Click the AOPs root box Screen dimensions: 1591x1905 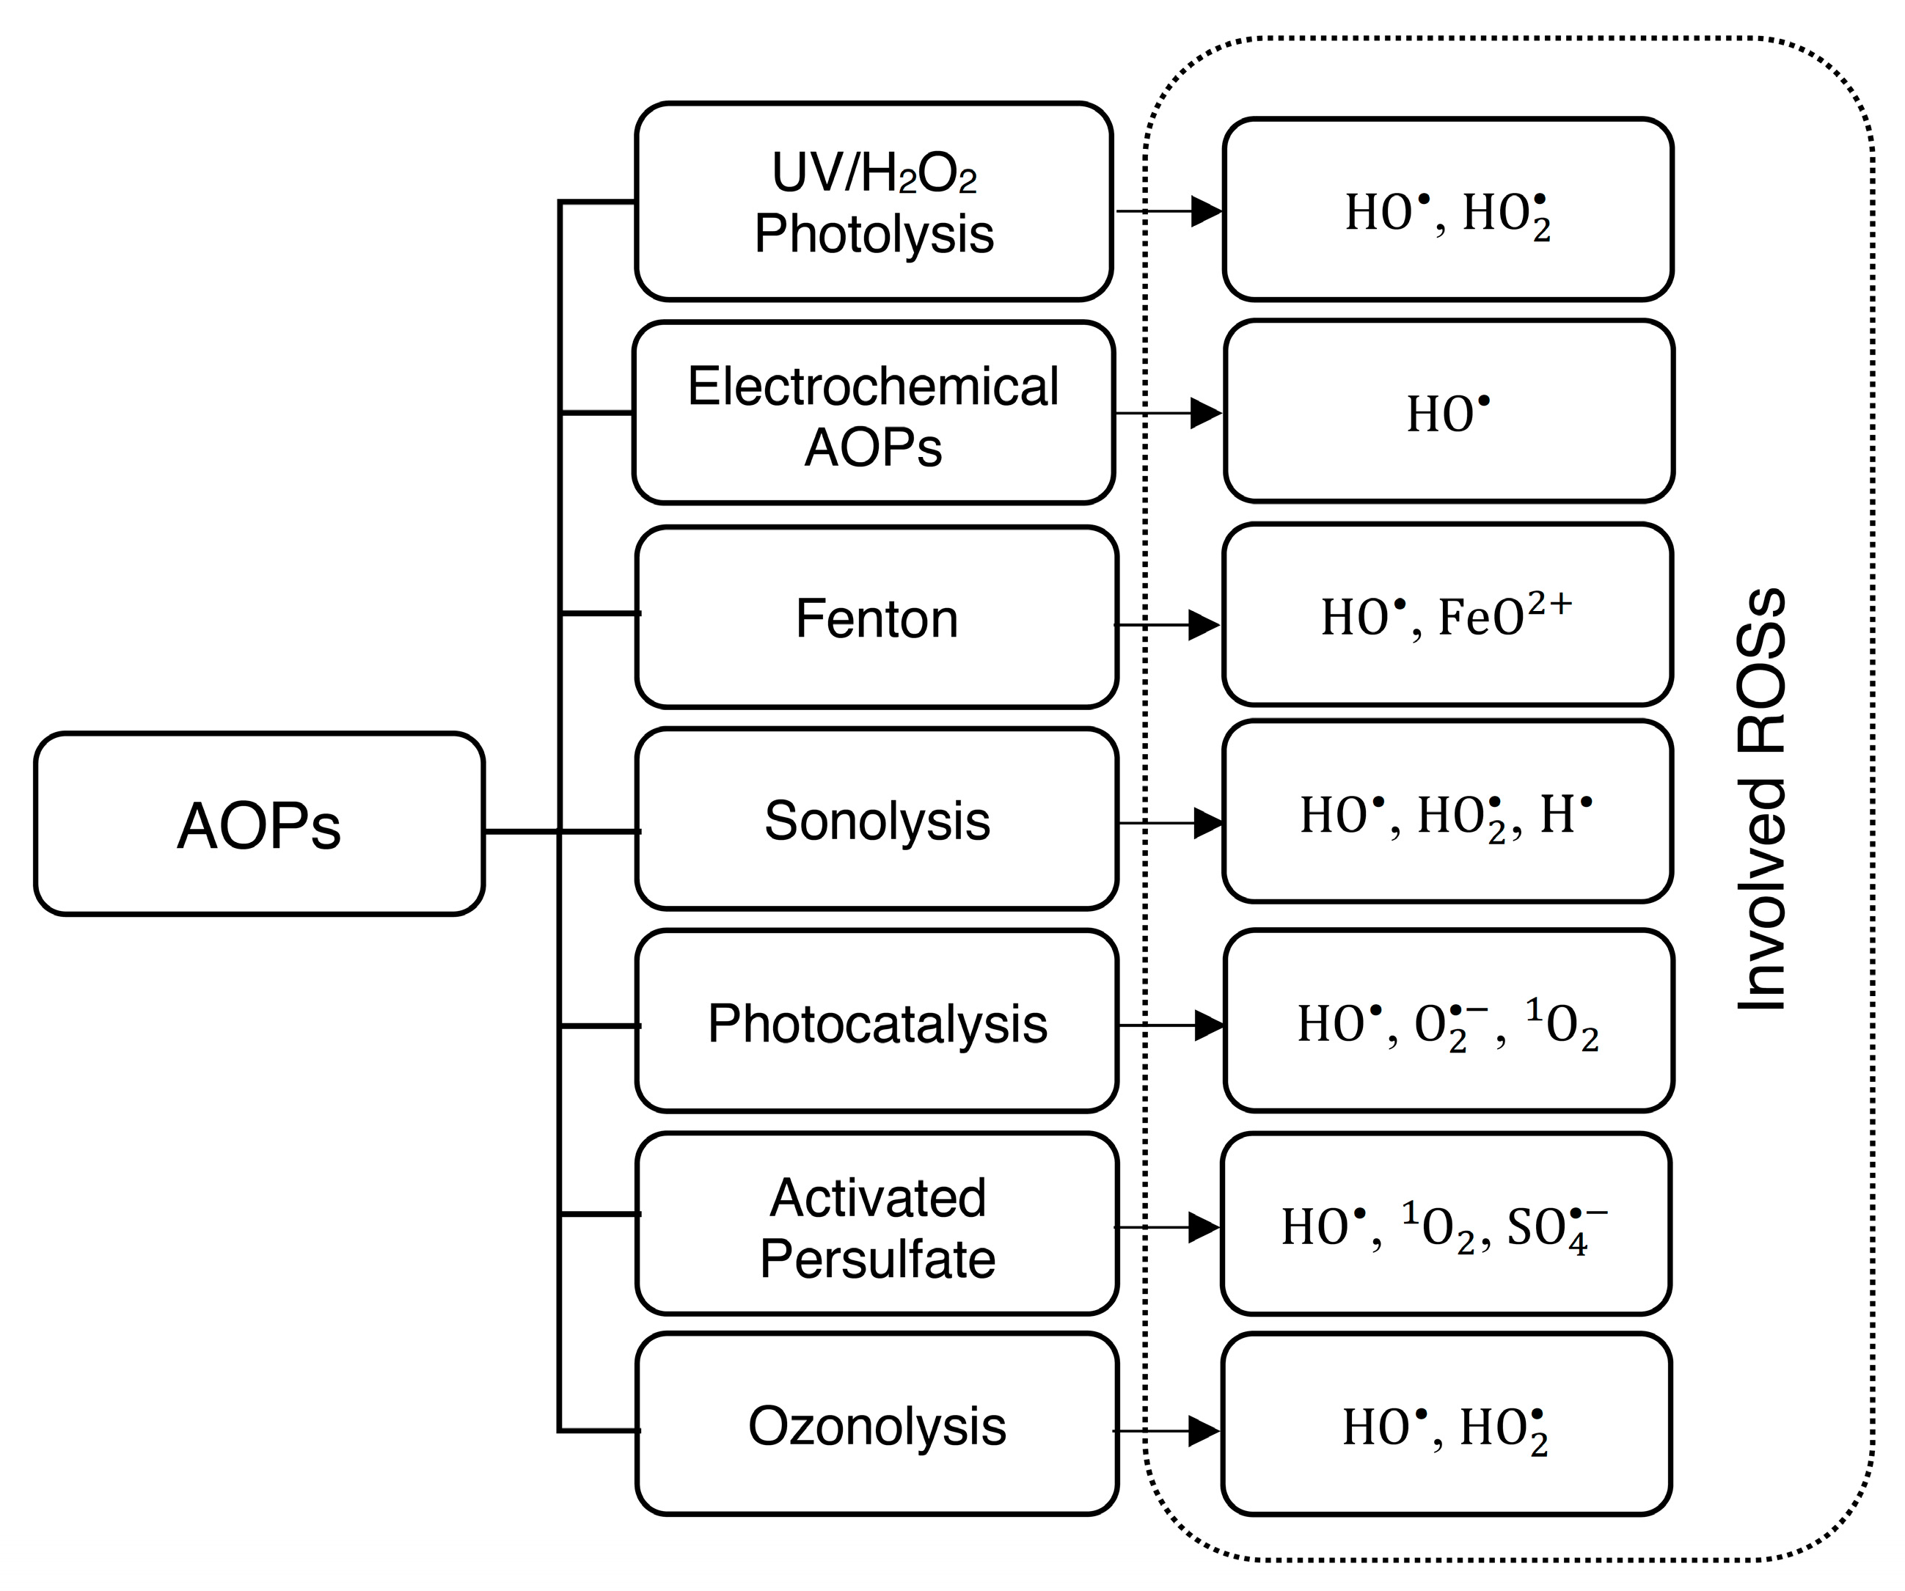pos(258,824)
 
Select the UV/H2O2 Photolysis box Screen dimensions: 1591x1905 pos(874,202)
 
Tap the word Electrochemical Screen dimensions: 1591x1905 pos(873,387)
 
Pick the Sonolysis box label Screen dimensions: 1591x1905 pos(877,820)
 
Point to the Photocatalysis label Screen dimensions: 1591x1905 pos(877,1024)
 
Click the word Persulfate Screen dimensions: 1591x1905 pos(877,1258)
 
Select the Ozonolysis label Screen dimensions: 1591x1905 pos(877,1425)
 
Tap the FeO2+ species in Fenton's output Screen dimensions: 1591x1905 pos(1505,617)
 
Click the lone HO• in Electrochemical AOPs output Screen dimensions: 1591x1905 pos(1448,414)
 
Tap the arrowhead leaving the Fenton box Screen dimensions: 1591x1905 pos(1204,625)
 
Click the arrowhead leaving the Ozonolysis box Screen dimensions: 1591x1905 pos(1204,1431)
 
